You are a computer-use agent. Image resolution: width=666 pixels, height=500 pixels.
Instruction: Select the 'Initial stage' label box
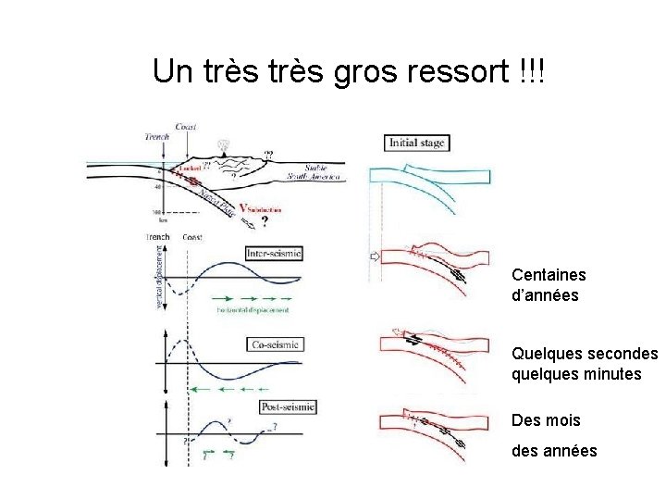point(416,143)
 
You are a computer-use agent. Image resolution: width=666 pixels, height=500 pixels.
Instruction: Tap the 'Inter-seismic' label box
point(274,253)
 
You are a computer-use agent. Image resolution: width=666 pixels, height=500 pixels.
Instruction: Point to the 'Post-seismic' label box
point(288,406)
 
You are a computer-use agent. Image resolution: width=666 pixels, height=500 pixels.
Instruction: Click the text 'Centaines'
point(549,275)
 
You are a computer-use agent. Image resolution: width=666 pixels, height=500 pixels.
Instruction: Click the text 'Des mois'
point(546,420)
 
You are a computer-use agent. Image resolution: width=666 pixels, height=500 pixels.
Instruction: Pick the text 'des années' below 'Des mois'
point(554,451)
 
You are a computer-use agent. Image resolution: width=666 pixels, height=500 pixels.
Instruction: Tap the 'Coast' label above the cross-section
point(187,128)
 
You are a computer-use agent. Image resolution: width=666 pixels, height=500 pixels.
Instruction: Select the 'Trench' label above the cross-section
point(158,137)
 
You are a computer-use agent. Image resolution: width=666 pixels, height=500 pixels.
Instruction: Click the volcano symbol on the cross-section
point(222,145)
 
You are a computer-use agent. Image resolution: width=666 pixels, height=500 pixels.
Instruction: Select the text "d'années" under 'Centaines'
point(545,295)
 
